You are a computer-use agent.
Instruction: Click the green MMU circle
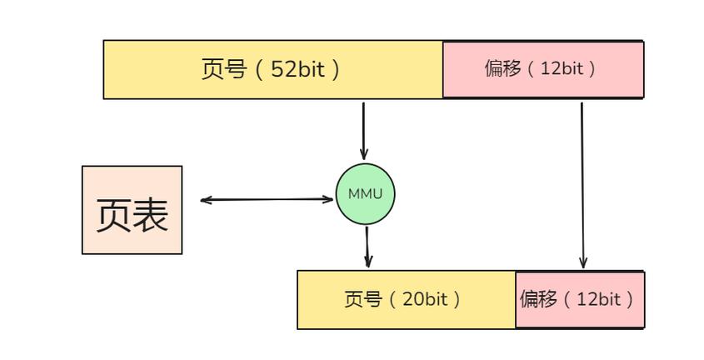(365, 194)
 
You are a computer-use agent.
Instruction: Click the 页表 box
(132, 210)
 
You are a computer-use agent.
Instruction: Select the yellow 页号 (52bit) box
(272, 69)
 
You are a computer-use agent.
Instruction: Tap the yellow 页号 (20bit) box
(407, 299)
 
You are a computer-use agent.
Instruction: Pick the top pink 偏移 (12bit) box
(542, 69)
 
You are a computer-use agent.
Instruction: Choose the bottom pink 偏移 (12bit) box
(579, 299)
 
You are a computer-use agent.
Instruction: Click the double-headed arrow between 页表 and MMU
(267, 199)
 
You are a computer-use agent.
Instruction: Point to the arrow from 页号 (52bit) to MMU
(363, 129)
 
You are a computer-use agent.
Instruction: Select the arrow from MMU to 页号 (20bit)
(367, 247)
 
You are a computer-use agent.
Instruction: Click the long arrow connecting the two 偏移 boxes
(582, 183)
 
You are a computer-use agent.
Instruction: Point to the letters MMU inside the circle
(365, 194)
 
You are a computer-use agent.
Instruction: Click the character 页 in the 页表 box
(114, 214)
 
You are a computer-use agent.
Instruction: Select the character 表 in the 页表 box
(151, 214)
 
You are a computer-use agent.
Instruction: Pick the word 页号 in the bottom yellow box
(362, 299)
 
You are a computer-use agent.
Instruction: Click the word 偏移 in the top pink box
(502, 68)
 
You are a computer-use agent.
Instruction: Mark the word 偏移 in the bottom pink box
(538, 299)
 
